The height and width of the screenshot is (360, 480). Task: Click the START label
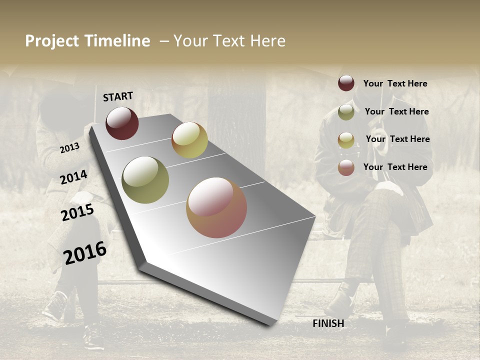[x=118, y=96]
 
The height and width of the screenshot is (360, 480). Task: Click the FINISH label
[x=328, y=323]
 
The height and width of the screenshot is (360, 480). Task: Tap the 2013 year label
[x=69, y=147]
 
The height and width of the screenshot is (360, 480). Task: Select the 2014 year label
[x=74, y=177]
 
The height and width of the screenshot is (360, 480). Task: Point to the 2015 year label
[x=77, y=212]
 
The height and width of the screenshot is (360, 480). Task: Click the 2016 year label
[x=85, y=252]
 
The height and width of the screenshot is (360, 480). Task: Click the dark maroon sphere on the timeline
[x=122, y=123]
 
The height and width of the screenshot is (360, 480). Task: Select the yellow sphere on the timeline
[x=189, y=140]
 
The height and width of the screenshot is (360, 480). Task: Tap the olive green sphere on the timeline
[x=145, y=180]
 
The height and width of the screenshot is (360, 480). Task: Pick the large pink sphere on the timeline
[x=216, y=207]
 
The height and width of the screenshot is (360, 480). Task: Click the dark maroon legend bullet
[x=346, y=83]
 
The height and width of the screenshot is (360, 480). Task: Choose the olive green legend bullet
[x=346, y=112]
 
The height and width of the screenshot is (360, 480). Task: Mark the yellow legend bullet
[x=346, y=140]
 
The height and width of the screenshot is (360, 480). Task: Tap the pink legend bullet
[x=346, y=167]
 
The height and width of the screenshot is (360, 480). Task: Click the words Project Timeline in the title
[x=87, y=41]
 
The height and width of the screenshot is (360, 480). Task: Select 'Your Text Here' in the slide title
[x=229, y=41]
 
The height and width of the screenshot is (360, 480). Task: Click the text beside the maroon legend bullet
[x=395, y=83]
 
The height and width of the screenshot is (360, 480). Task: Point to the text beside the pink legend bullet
[x=395, y=167]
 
